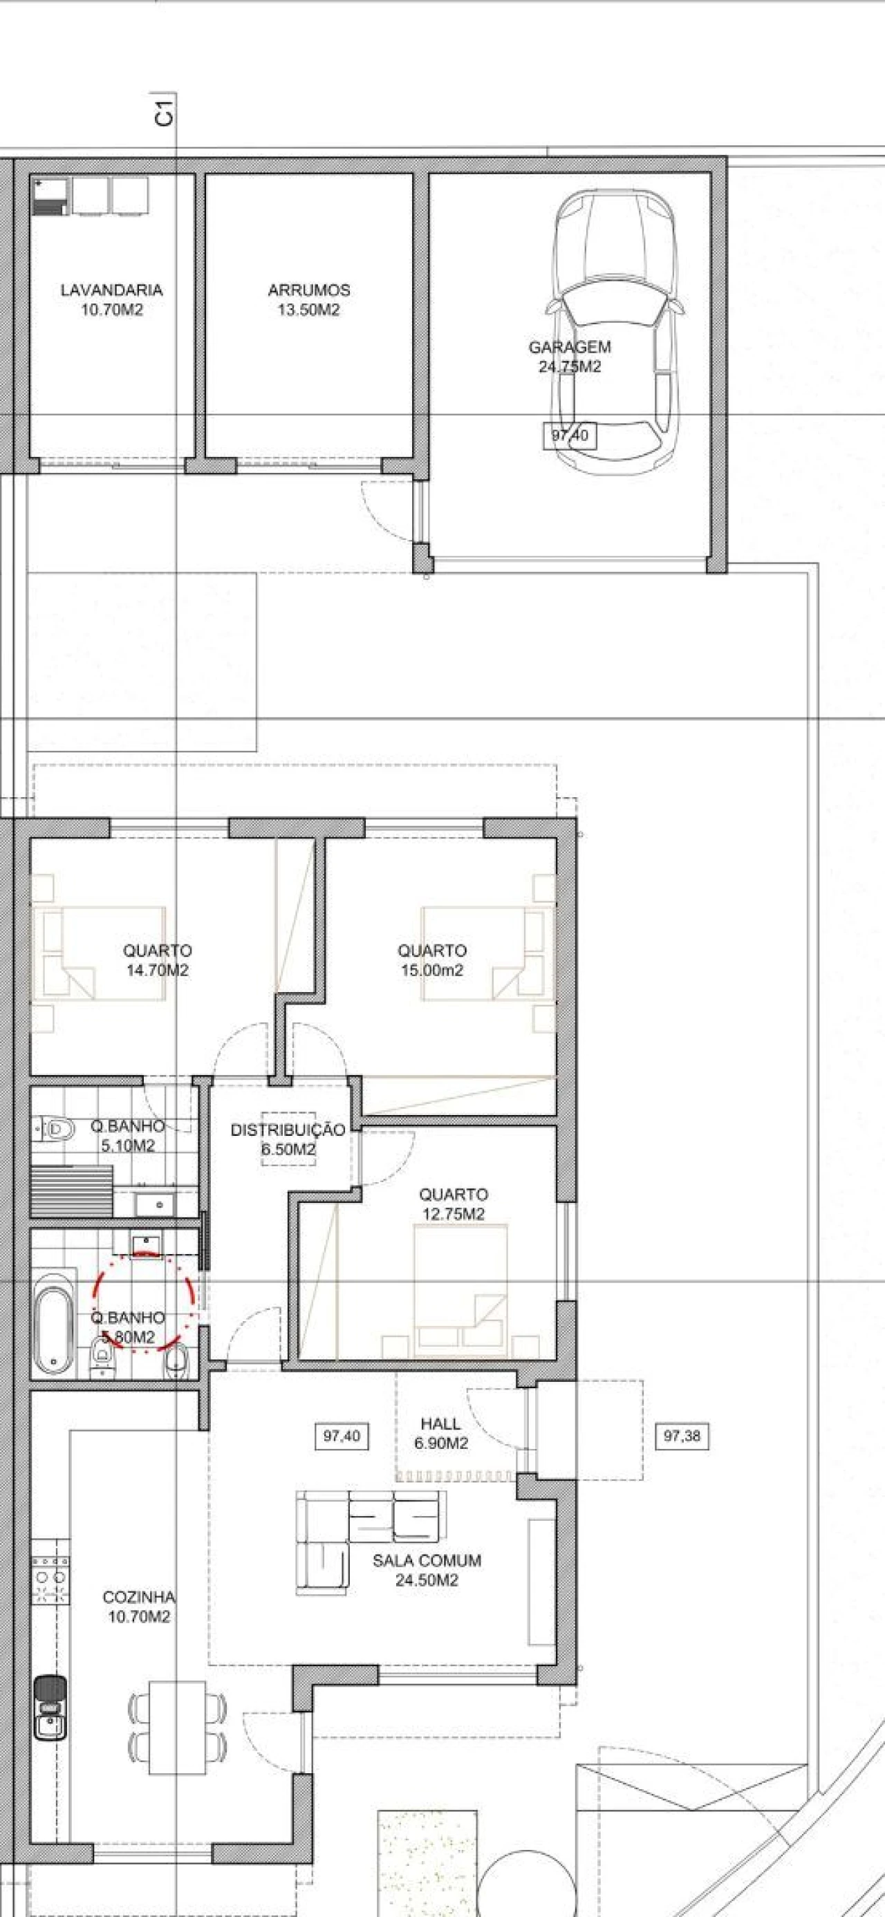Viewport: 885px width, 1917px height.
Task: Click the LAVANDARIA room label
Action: [x=111, y=290]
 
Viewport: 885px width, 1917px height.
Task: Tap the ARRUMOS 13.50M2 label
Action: [x=309, y=300]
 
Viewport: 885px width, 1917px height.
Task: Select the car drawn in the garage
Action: [x=615, y=330]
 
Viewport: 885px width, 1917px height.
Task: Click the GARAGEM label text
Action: [x=570, y=347]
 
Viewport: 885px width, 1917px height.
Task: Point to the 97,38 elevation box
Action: [x=682, y=1437]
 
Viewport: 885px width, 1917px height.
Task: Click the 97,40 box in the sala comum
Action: [x=342, y=1437]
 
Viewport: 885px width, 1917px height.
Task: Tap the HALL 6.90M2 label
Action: [x=440, y=1433]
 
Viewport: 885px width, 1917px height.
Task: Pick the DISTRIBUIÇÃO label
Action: [x=288, y=1130]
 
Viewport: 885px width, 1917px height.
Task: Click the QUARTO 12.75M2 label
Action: [x=453, y=1204]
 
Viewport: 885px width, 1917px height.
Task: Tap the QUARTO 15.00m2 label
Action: [x=431, y=960]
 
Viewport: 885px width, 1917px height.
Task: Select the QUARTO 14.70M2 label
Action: [x=157, y=960]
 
